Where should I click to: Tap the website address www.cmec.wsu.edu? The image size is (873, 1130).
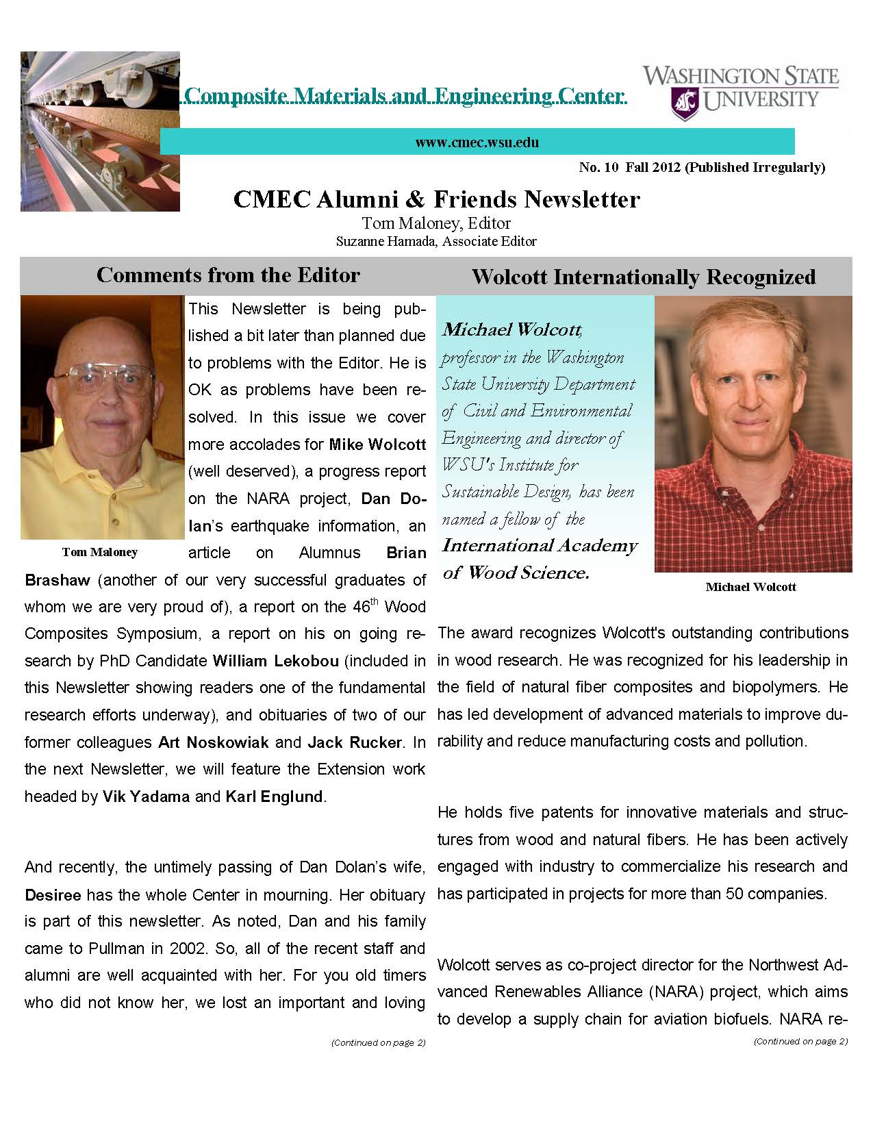477,142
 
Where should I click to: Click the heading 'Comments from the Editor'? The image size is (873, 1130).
228,275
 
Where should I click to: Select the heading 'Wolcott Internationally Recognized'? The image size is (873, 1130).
644,277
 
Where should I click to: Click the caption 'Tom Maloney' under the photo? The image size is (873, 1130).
100,552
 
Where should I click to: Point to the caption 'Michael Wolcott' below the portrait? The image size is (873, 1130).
750,587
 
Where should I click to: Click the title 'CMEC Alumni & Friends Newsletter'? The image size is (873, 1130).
436,199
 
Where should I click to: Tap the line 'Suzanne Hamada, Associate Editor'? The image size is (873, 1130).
436,241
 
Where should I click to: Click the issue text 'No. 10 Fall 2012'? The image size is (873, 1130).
629,167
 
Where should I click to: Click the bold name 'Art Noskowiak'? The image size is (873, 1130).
214,742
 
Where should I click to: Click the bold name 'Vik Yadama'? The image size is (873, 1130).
146,796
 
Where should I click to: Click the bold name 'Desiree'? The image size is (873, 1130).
53,895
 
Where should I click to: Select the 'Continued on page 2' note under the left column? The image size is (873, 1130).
378,1043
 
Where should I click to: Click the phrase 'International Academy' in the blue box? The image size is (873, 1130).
540,546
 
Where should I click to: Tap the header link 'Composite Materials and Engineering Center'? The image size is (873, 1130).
405,95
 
